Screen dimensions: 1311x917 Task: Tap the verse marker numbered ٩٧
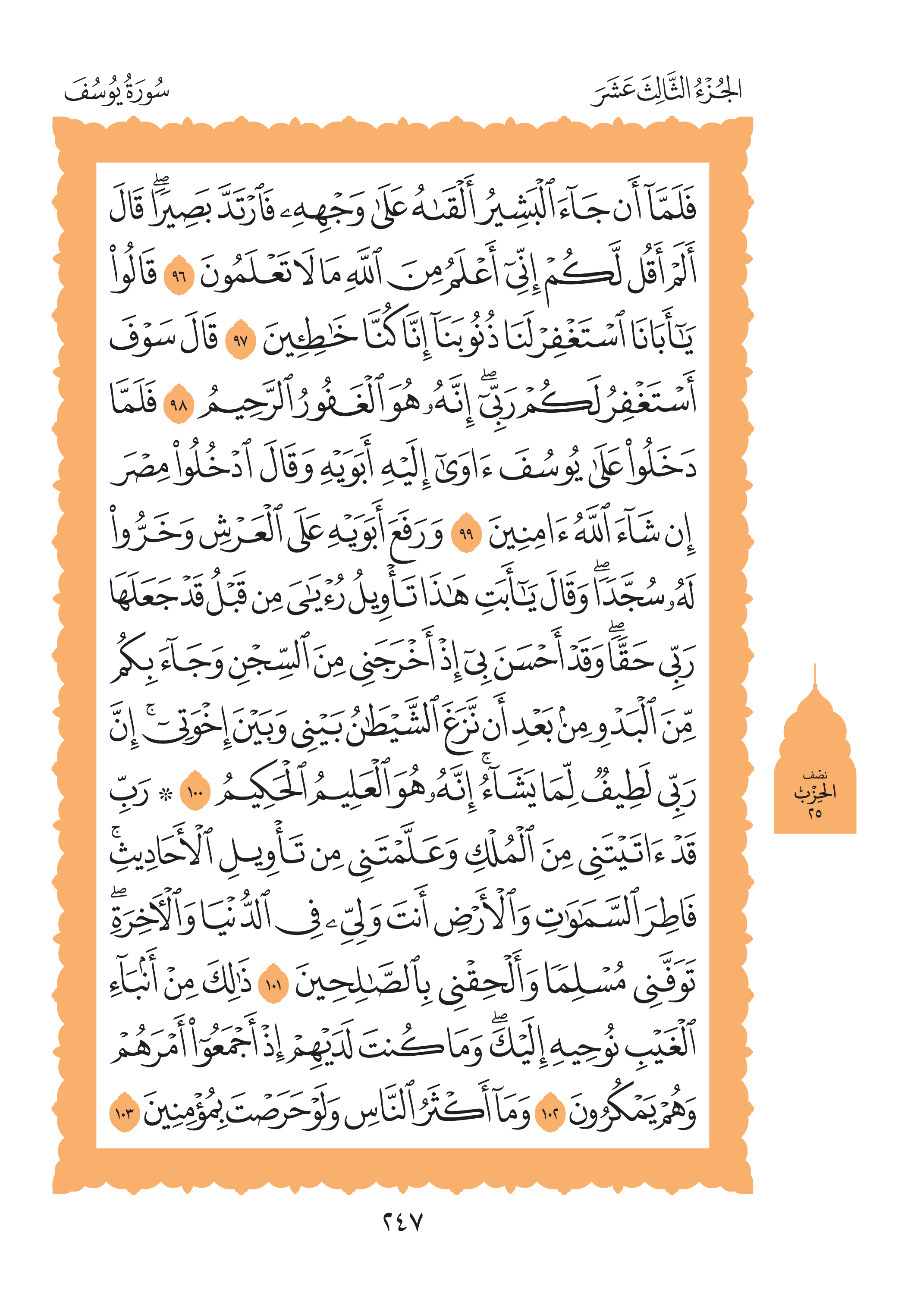(x=240, y=342)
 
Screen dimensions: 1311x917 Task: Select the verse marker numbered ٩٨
(x=179, y=406)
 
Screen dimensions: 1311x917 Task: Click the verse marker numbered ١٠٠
(x=195, y=791)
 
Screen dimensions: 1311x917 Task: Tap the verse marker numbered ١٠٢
(x=550, y=1113)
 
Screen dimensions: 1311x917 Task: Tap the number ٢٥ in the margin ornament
(x=814, y=813)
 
